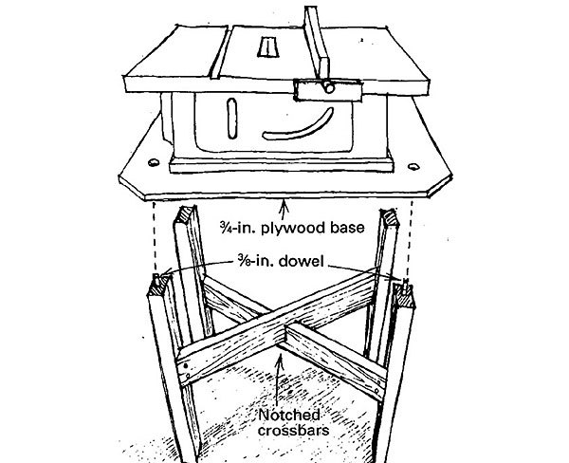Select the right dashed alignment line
(412, 237)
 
